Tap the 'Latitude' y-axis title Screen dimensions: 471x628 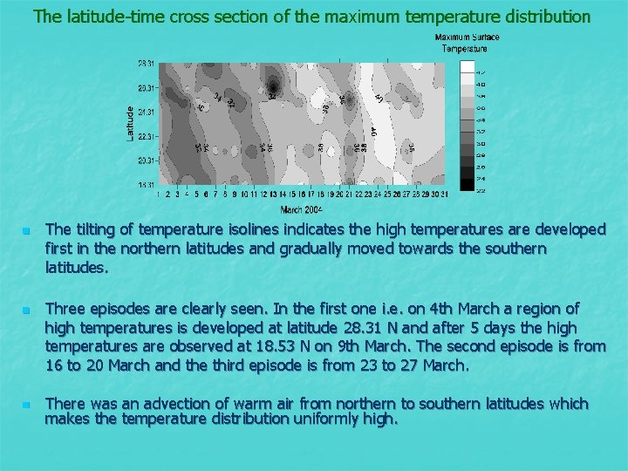pyautogui.click(x=131, y=124)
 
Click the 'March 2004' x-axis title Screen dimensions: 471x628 pyautogui.click(x=302, y=210)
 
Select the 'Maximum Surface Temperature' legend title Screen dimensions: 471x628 pyautogui.click(x=467, y=43)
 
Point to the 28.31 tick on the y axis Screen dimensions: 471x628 pyautogui.click(x=147, y=64)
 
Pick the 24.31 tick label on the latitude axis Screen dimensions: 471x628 pyautogui.click(x=147, y=113)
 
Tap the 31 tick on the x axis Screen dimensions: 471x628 pyautogui.click(x=445, y=195)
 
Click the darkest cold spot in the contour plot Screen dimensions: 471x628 pyautogui.click(x=275, y=85)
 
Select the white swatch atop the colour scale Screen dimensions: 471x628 pyautogui.click(x=468, y=66)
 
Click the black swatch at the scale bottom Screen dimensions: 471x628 pyautogui.click(x=468, y=184)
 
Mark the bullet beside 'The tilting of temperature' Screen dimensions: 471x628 pyautogui.click(x=27, y=230)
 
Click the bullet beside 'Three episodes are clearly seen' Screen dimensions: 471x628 pyautogui.click(x=27, y=310)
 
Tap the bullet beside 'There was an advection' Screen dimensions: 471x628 pyautogui.click(x=27, y=405)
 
